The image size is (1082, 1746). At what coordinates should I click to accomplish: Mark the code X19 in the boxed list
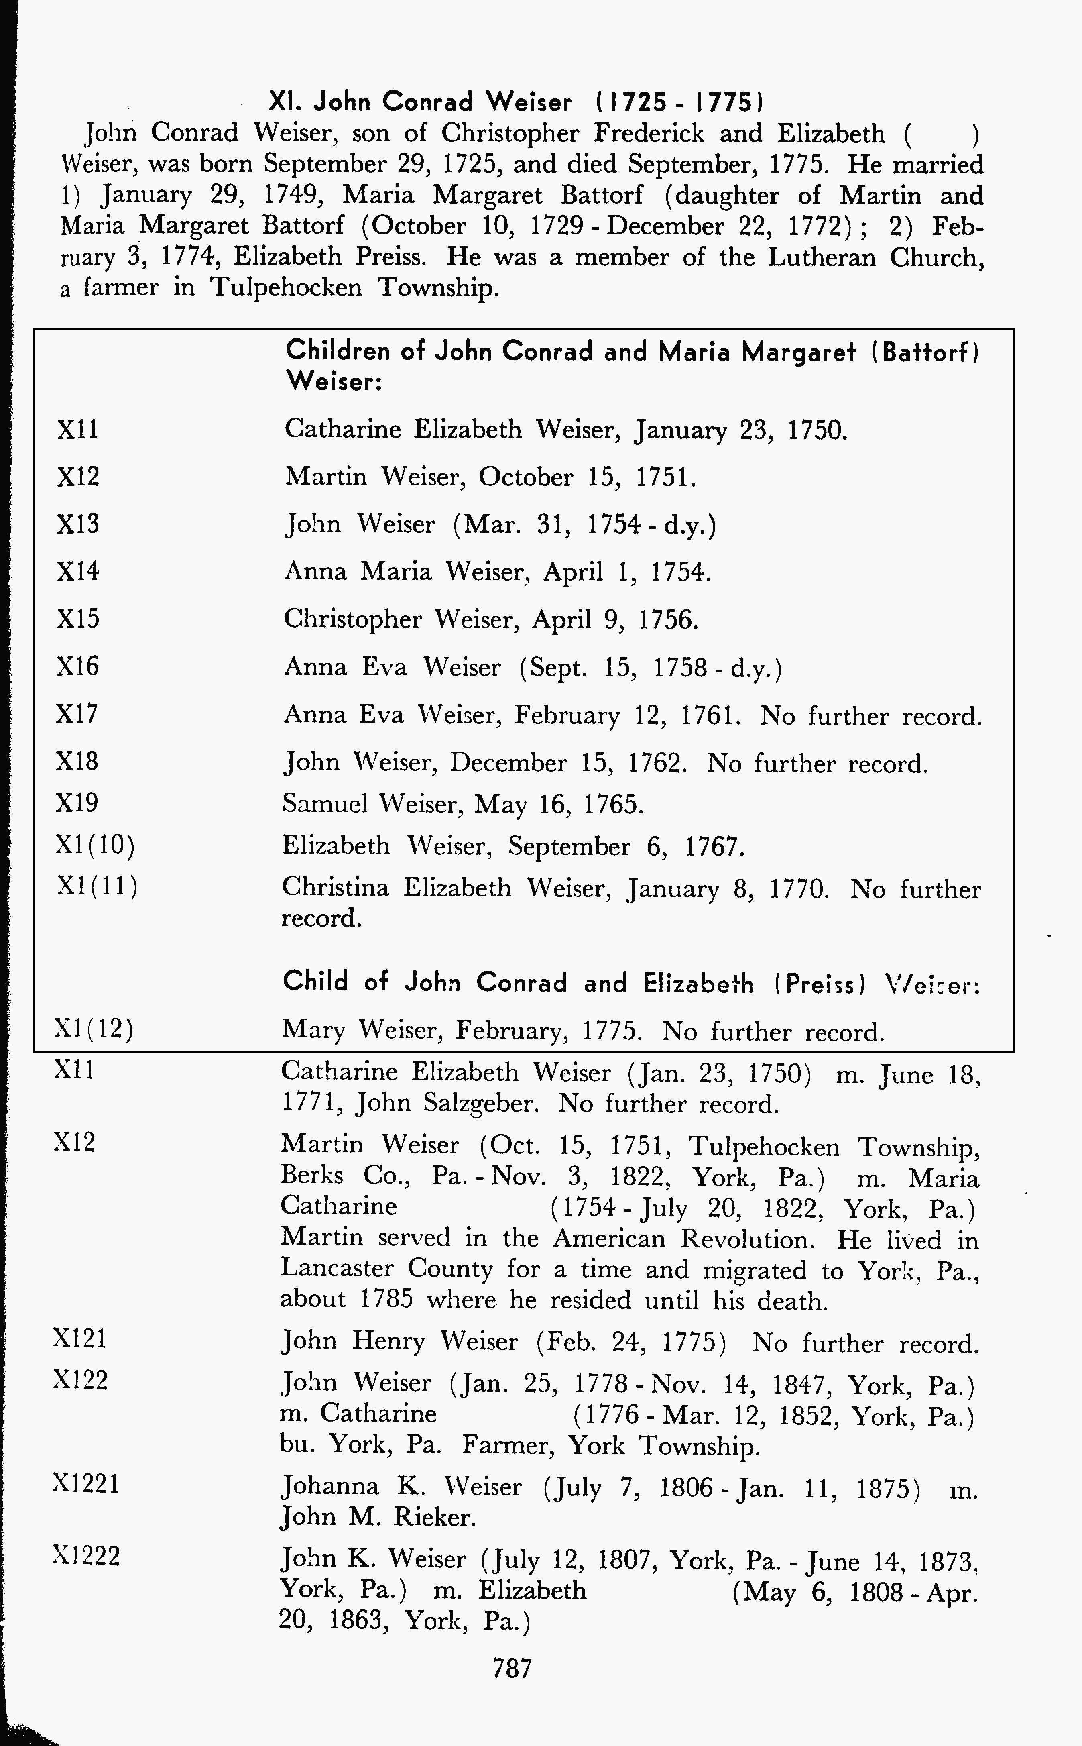[77, 803]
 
